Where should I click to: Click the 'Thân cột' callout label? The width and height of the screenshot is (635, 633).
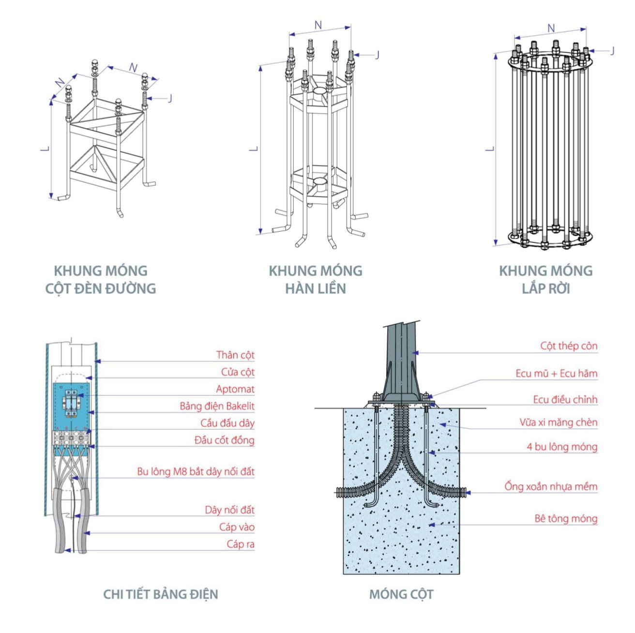tap(235, 355)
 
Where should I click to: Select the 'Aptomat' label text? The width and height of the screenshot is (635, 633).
tap(235, 389)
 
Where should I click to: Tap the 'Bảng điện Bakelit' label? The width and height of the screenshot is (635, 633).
tap(217, 407)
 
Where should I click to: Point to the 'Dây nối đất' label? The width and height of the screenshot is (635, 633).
tap(230, 510)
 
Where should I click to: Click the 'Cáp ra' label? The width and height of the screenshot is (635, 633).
tap(241, 544)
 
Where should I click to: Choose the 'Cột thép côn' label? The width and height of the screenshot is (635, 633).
tap(569, 346)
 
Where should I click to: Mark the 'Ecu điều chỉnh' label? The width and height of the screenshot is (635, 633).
tap(565, 400)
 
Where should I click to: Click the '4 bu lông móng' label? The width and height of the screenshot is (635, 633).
tap(562, 447)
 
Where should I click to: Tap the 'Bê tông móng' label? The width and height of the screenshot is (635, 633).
tap(566, 519)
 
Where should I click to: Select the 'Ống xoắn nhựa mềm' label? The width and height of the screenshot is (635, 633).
tap(551, 486)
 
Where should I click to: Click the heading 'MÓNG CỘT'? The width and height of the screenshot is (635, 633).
tap(401, 594)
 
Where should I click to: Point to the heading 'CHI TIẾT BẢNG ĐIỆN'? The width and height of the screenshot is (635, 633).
tap(161, 594)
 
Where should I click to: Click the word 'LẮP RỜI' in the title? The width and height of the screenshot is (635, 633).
tap(546, 288)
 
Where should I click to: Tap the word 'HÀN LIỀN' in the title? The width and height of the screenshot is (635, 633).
tap(316, 288)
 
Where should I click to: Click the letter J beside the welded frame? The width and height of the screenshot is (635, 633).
tap(378, 55)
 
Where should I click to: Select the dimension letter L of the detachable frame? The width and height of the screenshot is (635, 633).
tap(490, 149)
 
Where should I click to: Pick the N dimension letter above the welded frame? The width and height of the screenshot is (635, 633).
tap(318, 25)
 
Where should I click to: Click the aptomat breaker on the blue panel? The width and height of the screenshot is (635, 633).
tap(71, 403)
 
